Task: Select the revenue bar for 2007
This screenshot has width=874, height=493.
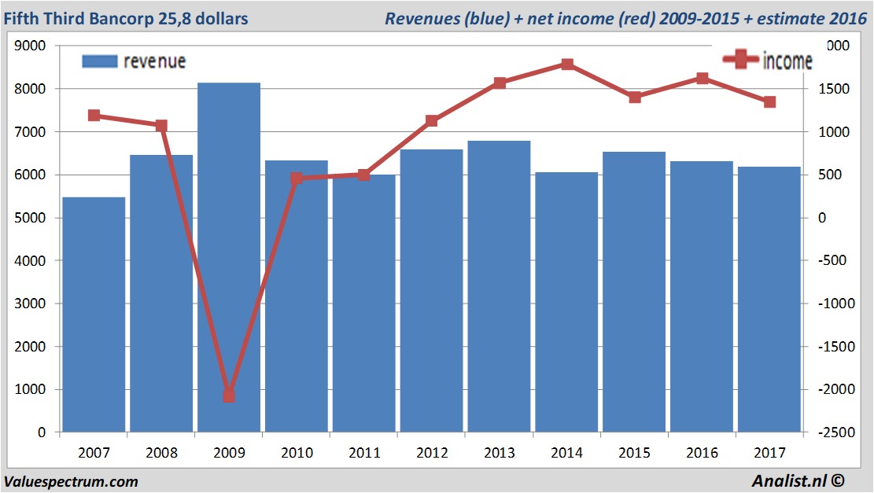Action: point(94,315)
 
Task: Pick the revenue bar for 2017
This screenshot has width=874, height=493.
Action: point(769,299)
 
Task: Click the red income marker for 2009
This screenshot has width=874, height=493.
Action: point(229,396)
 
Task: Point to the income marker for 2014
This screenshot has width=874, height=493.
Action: point(567,64)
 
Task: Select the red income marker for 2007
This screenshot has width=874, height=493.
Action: point(94,116)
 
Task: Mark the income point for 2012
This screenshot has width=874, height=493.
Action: point(432,120)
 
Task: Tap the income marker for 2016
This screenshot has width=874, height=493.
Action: point(703,78)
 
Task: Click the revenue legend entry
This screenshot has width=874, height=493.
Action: point(134,61)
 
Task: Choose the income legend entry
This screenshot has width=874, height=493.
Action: point(768,60)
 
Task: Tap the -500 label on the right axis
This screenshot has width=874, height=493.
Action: point(834,261)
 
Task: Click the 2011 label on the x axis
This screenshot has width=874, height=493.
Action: point(364,453)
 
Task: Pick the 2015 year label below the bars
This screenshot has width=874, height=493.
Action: point(635,453)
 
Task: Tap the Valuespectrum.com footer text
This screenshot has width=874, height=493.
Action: point(71,481)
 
